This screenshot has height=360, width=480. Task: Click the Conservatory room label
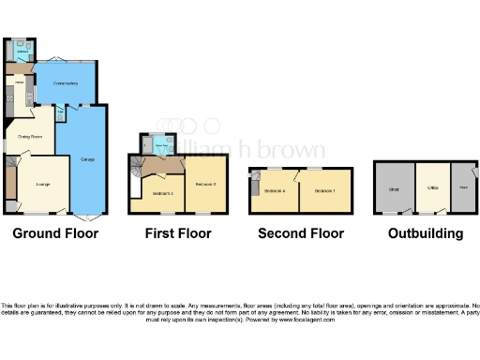coord(65,81)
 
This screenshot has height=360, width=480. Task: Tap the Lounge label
coord(42,184)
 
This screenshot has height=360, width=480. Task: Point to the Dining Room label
coord(31,136)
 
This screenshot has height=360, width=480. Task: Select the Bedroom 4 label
coord(276,190)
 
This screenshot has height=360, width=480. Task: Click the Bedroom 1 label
coord(326,190)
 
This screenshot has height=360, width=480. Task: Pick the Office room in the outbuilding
coord(433,188)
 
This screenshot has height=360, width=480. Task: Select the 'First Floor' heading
coord(177,233)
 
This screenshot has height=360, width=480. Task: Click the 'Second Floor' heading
coord(301,233)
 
